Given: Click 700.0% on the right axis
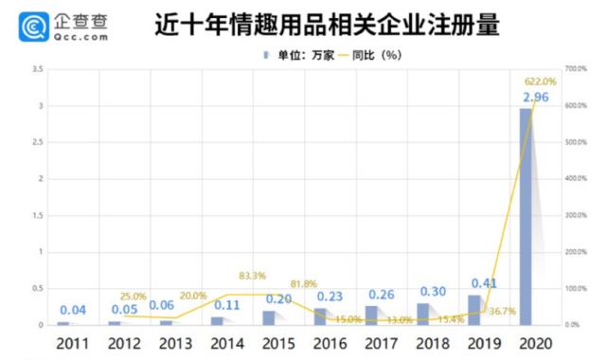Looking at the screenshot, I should point(577,70).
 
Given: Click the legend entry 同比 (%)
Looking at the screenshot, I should point(356,54).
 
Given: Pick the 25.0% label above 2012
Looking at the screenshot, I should point(134,296).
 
